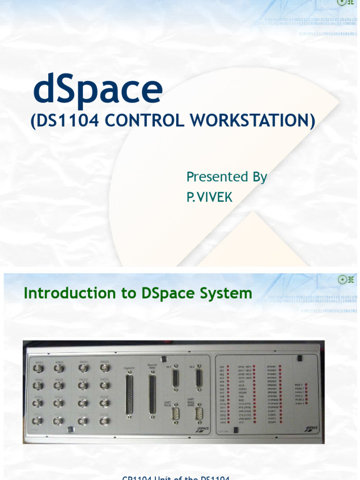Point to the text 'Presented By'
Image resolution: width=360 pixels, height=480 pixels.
(226, 177)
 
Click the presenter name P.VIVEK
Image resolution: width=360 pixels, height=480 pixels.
(209, 197)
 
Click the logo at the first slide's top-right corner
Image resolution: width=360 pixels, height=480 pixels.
(345, 2)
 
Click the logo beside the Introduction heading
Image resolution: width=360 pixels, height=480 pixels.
(345, 280)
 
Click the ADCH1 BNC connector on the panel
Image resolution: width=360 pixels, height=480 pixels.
(38, 368)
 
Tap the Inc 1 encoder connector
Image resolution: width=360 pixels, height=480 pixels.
(175, 378)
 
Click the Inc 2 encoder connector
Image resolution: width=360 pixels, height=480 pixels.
(198, 378)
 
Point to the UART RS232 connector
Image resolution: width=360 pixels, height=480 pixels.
(175, 413)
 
